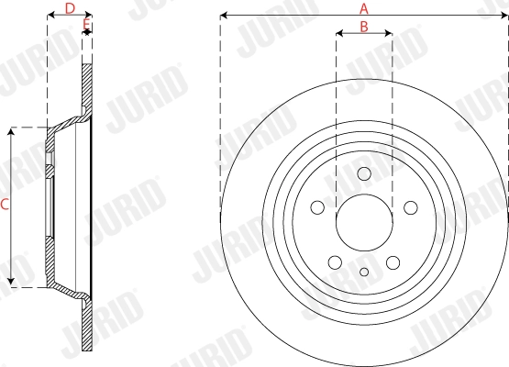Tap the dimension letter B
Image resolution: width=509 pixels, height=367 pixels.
tap(364, 27)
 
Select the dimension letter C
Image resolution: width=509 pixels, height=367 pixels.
tap(5, 206)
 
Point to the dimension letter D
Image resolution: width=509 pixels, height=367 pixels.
tap(69, 8)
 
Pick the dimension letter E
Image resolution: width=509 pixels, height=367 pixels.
tap(87, 22)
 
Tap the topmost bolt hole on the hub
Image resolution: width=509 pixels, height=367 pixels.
tap(364, 174)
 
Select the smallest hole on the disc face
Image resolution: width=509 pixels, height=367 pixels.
tap(364, 271)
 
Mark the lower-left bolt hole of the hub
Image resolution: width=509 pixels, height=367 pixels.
tap(337, 260)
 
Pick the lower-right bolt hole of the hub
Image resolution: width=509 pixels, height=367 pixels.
tap(392, 260)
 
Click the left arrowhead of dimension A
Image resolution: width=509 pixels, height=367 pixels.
tap(224, 15)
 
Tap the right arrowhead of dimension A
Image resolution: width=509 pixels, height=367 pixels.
tap(504, 15)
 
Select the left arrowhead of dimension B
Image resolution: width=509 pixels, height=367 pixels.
tap(338, 34)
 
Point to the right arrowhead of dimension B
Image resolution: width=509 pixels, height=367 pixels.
tap(390, 34)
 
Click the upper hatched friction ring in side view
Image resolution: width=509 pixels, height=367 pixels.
tap(88, 87)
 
